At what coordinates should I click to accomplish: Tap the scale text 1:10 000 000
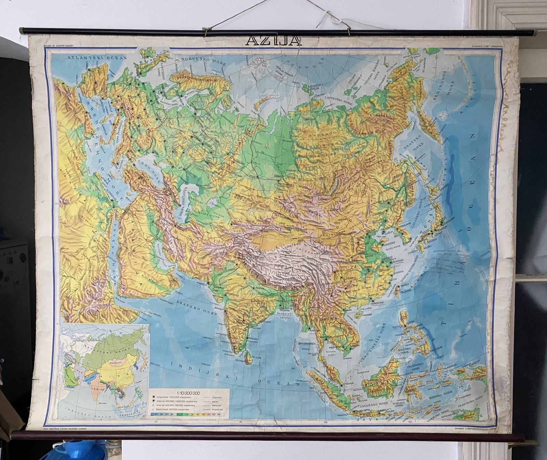click(188, 393)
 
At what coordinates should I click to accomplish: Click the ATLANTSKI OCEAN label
click(97, 57)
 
